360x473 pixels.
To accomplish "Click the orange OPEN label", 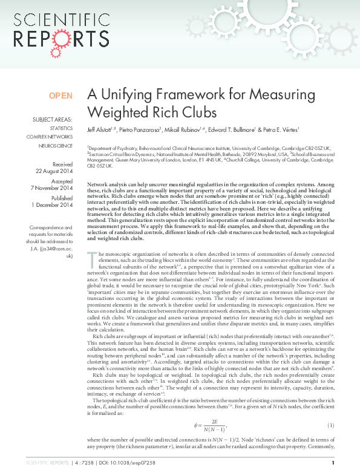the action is (x=61, y=96).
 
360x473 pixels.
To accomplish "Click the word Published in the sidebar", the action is (x=62, y=198).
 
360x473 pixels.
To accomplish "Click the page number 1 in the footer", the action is (x=333, y=463).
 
